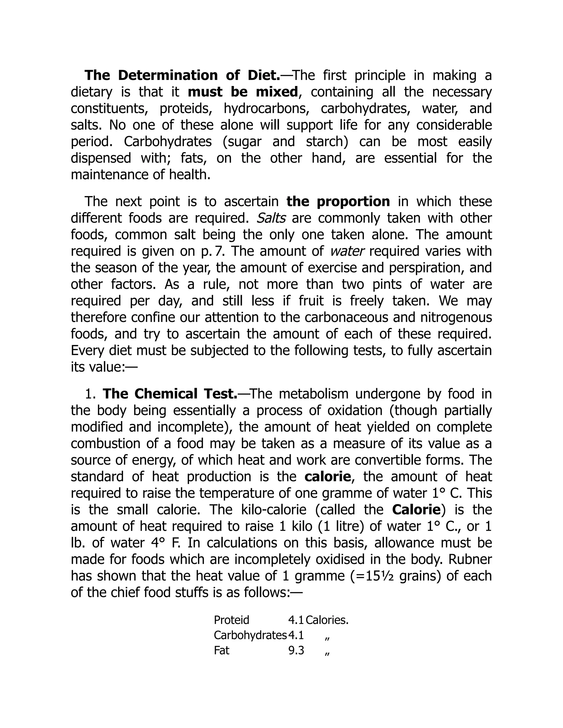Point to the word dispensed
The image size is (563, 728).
(x=101, y=158)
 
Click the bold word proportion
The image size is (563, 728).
(x=353, y=202)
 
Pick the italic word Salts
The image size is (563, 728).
(x=271, y=218)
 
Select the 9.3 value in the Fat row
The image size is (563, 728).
(x=296, y=651)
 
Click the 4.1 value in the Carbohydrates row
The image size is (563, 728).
(x=296, y=635)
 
